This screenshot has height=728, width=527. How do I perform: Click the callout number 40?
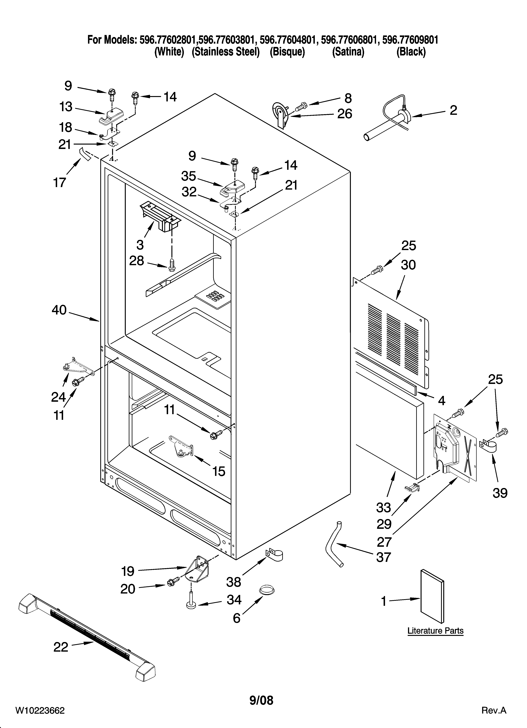59,310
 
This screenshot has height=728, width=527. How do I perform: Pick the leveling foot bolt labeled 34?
191,601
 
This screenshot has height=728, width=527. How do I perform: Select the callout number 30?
408,265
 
